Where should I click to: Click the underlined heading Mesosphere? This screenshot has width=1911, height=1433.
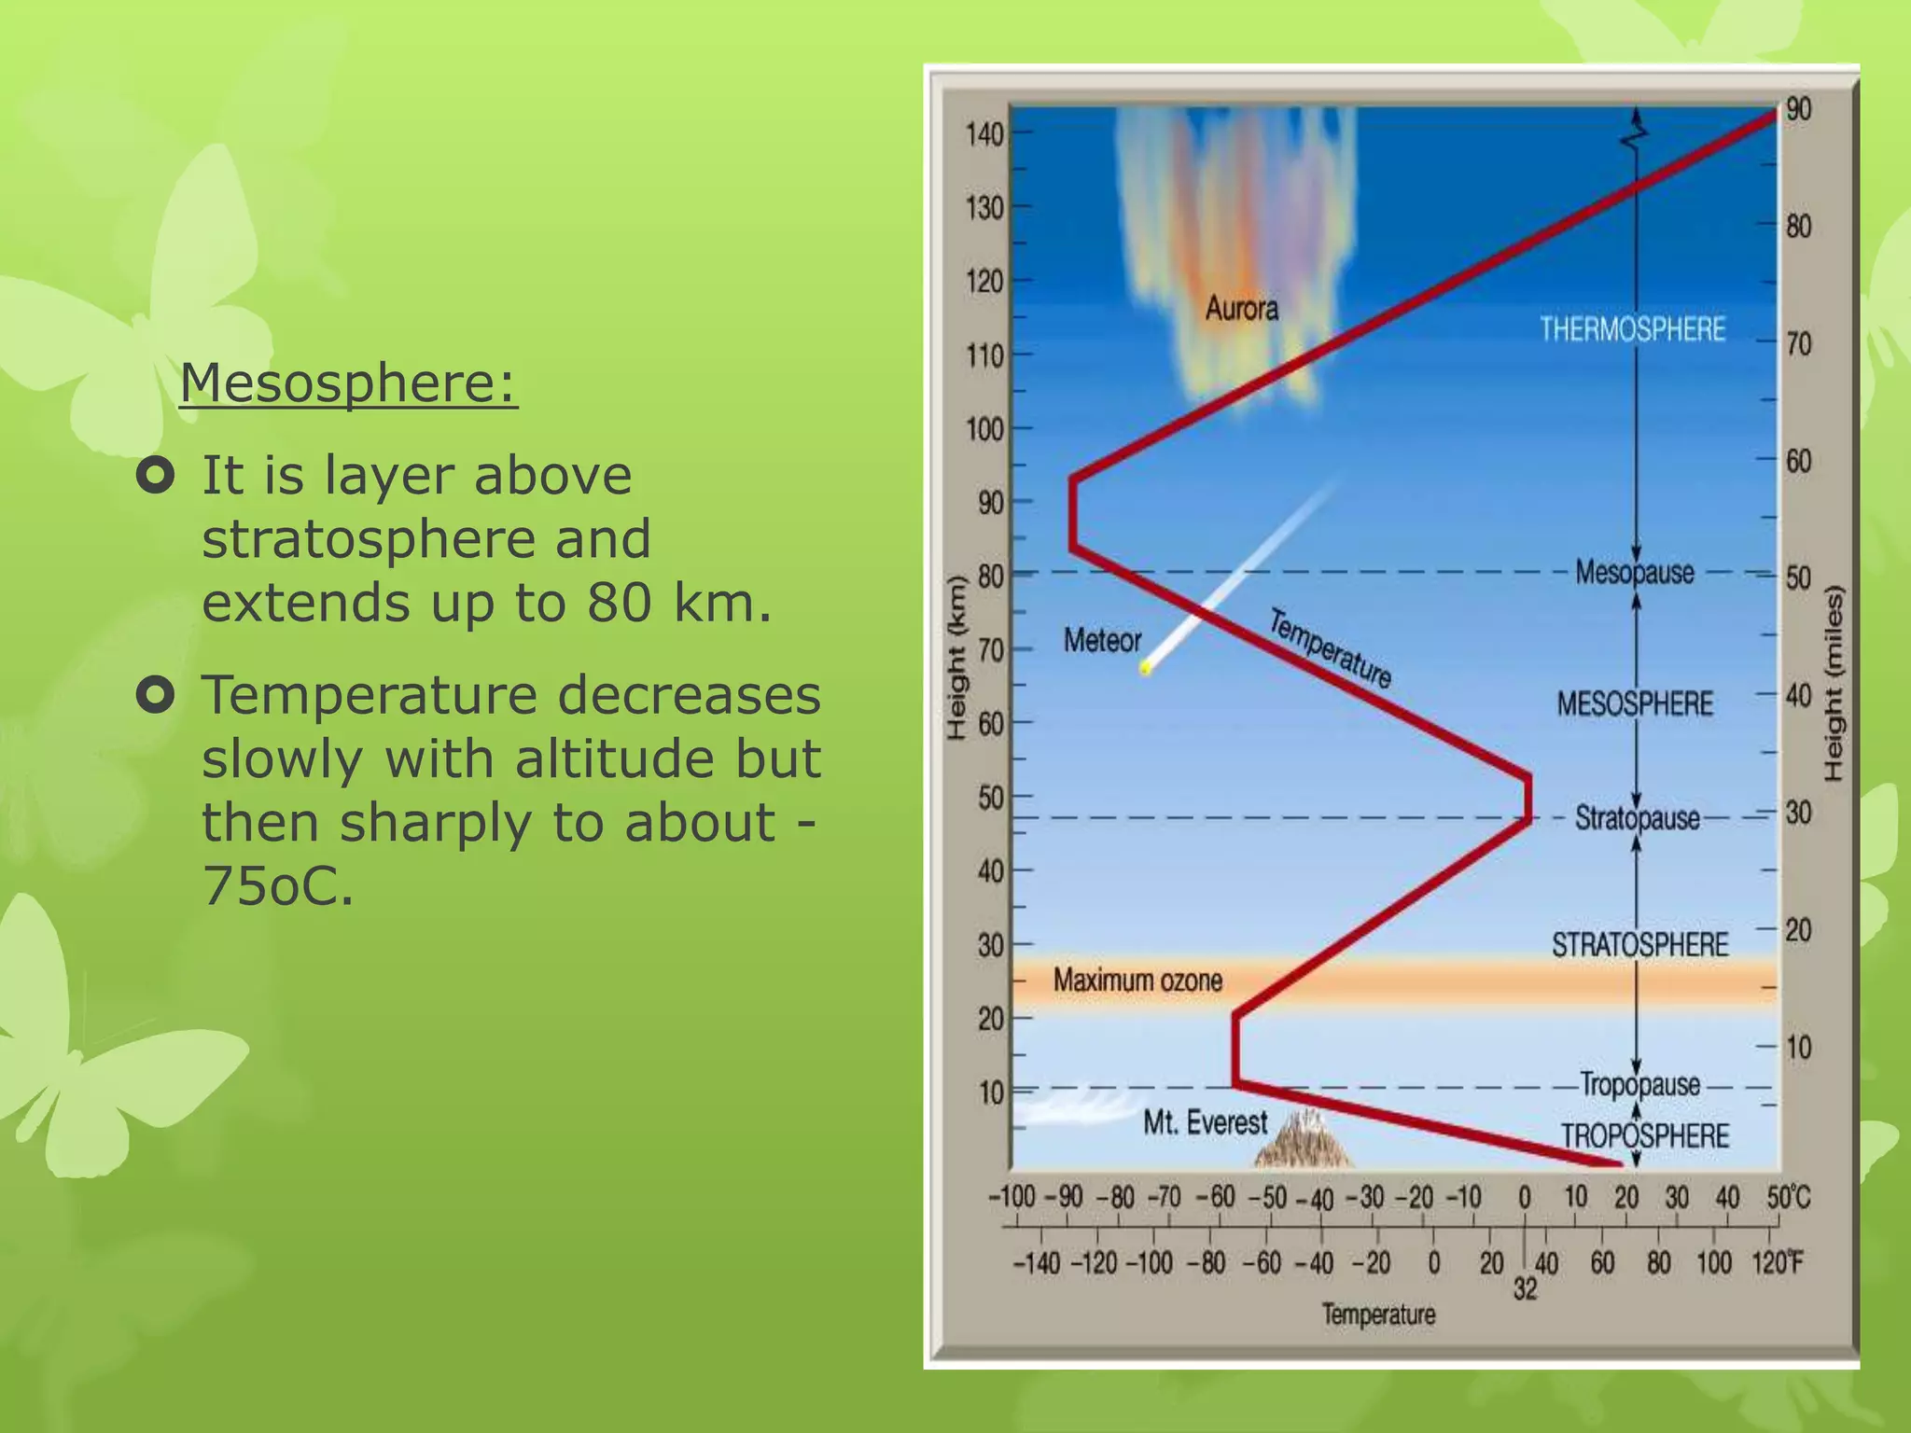pyautogui.click(x=348, y=383)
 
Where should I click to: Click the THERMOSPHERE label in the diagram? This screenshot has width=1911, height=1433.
pyautogui.click(x=1632, y=329)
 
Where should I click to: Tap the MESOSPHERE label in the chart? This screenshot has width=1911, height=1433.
pyautogui.click(x=1635, y=703)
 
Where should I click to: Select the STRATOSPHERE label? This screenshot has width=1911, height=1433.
pyautogui.click(x=1639, y=945)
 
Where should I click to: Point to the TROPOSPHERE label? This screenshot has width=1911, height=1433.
pyautogui.click(x=1645, y=1135)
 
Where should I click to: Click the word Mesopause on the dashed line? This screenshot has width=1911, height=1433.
pyautogui.click(x=1634, y=572)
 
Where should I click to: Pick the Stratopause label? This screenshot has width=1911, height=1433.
pyautogui.click(x=1637, y=818)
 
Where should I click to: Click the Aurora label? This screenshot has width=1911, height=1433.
pyautogui.click(x=1241, y=309)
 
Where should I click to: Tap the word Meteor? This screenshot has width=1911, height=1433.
pyautogui.click(x=1102, y=641)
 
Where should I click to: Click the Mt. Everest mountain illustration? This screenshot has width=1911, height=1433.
pyautogui.click(x=1304, y=1140)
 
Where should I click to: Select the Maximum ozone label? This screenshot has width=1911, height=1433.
pyautogui.click(x=1137, y=981)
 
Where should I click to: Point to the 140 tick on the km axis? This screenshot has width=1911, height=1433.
pyautogui.click(x=984, y=134)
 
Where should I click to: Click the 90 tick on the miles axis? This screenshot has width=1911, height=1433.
pyautogui.click(x=1798, y=109)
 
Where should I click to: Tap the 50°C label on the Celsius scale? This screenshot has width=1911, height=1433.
pyautogui.click(x=1788, y=1197)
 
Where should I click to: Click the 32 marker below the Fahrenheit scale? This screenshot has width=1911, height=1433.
pyautogui.click(x=1525, y=1289)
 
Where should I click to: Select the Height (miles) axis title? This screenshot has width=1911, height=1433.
pyautogui.click(x=1834, y=684)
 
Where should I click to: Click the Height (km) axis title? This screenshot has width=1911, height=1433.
pyautogui.click(x=955, y=659)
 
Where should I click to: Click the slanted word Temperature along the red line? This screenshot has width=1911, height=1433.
pyautogui.click(x=1330, y=647)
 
